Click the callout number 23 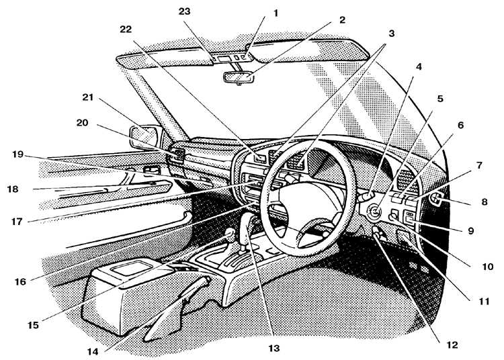[185, 11]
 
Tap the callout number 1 [275, 13]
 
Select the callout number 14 [93, 352]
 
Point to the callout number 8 [485, 202]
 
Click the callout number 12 [452, 345]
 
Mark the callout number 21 [88, 97]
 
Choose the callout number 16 [20, 281]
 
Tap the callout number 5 [440, 99]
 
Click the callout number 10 [488, 267]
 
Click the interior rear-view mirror [239, 77]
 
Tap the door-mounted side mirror [144, 137]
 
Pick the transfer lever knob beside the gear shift [229, 233]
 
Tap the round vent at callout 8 [437, 199]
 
